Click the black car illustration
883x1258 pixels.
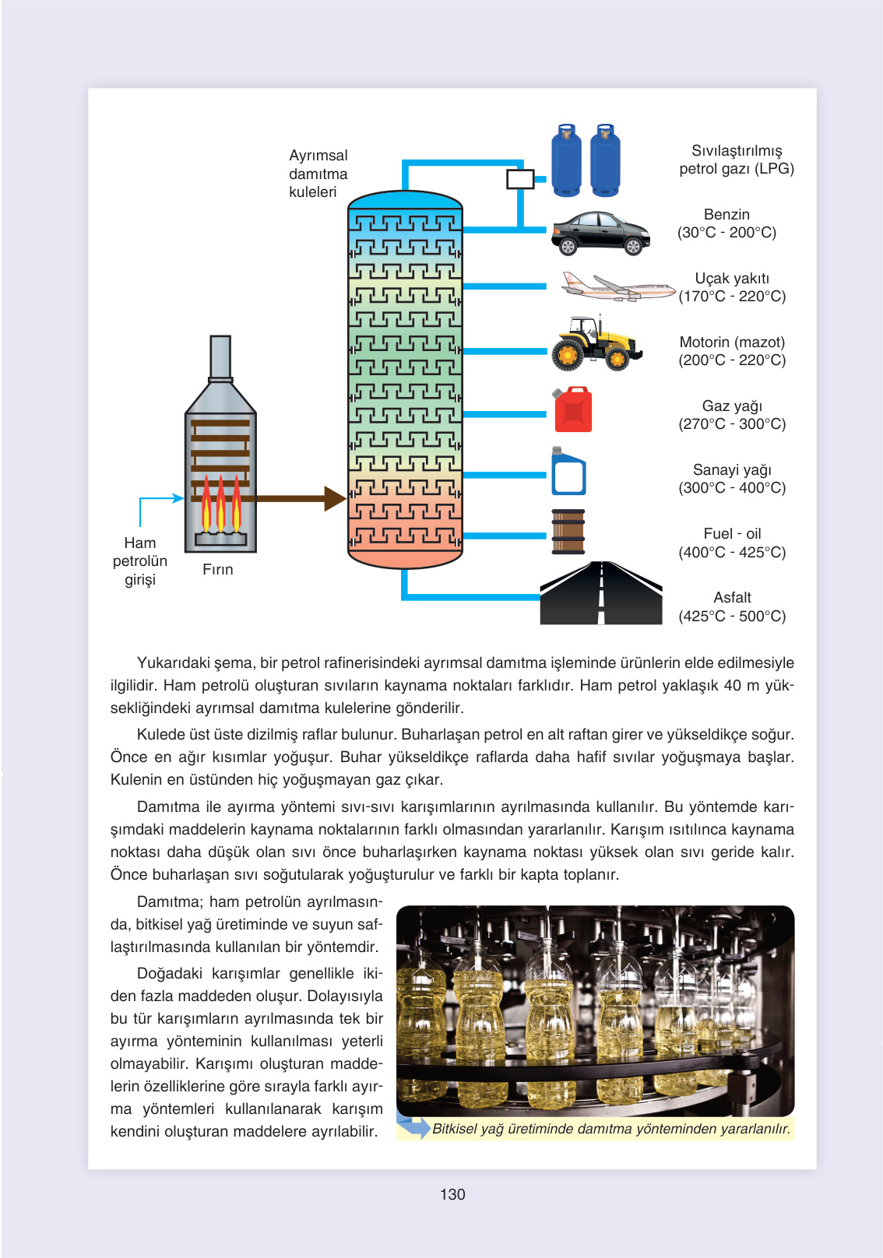point(600,233)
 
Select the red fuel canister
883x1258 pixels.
point(573,409)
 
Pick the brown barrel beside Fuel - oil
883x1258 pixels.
point(568,532)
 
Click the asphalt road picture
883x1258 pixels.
point(601,594)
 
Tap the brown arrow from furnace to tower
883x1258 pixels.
point(300,498)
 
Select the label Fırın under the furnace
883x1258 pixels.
point(218,570)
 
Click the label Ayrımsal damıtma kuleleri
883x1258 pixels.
point(318,174)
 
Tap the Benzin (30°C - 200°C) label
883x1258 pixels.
point(726,223)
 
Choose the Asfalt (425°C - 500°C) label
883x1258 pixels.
point(732,606)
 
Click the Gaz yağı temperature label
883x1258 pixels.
point(732,415)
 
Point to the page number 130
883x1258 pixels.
point(452,1194)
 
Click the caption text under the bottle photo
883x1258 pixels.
point(611,1129)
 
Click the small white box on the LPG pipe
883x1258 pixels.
point(520,179)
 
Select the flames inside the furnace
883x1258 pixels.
point(220,506)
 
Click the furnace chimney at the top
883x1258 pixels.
point(220,357)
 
